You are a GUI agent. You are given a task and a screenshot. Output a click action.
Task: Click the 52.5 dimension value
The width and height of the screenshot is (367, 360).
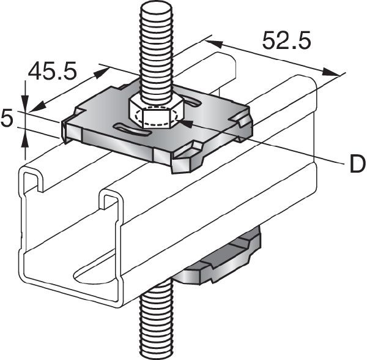click(287, 41)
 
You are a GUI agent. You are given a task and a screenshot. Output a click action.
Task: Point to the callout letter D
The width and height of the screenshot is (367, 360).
click(354, 163)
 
